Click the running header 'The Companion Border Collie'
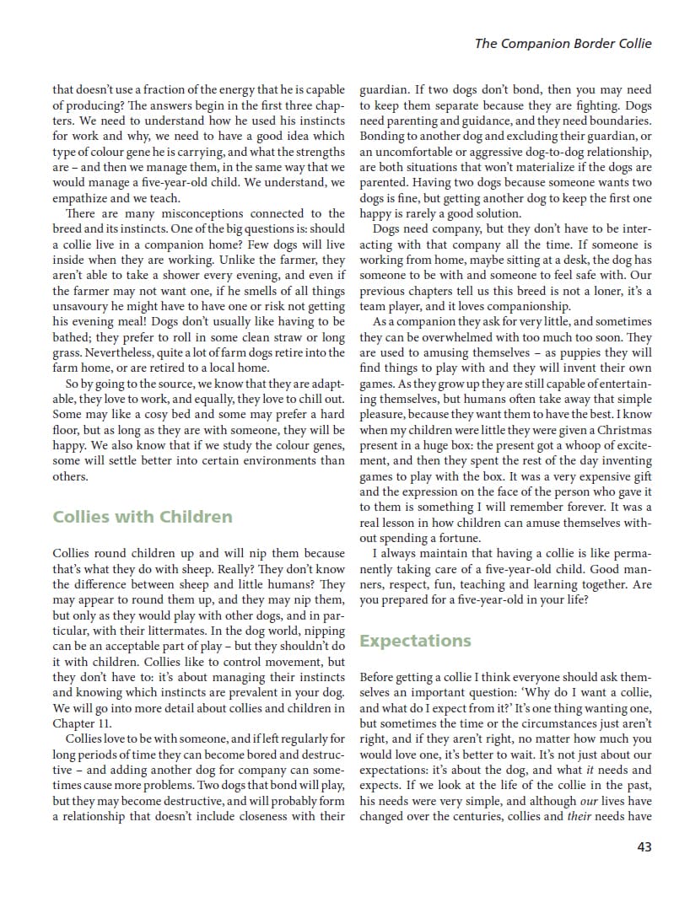(x=563, y=44)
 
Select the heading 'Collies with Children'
(x=143, y=517)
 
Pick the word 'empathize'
(x=84, y=198)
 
